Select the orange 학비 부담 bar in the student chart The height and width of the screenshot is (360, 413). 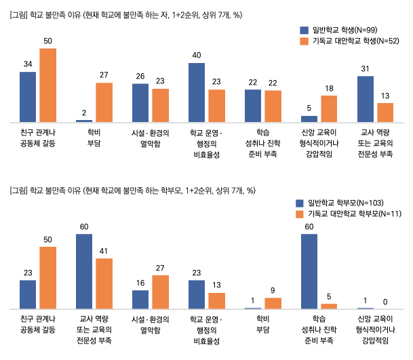104,102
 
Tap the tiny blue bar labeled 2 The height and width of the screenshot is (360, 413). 84,120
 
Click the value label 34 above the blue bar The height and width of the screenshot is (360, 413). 28,64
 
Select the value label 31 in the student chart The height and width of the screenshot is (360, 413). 365,68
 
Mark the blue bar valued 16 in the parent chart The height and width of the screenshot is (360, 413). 140,300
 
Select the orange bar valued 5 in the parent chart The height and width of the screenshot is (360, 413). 329,306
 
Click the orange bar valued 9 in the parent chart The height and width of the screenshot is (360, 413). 273,303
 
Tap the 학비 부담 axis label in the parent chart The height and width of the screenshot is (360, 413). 262,323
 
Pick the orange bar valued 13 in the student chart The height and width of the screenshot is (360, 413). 385,113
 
